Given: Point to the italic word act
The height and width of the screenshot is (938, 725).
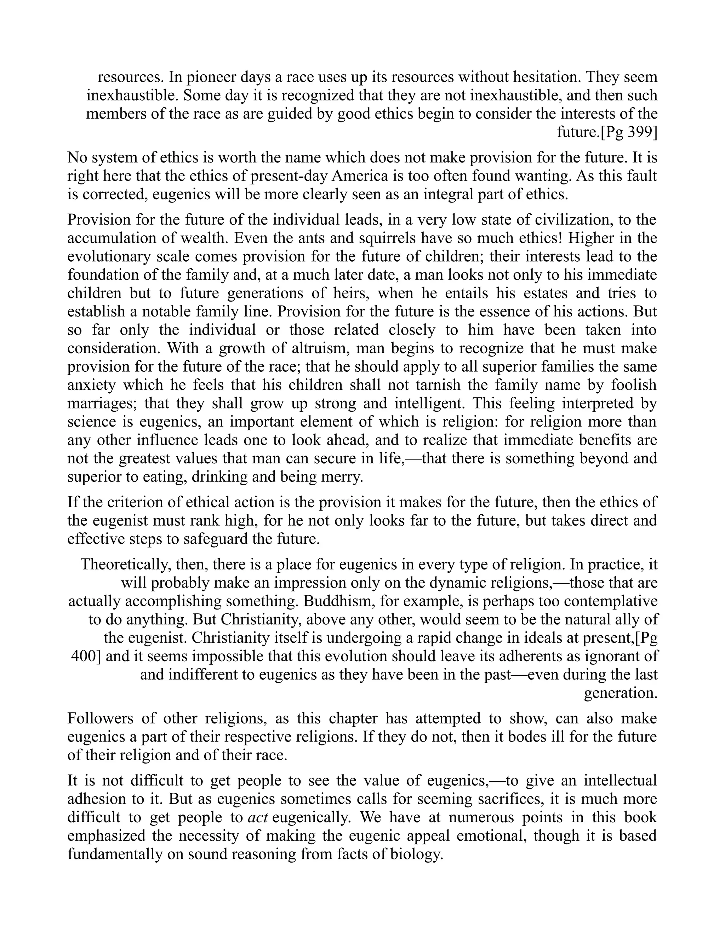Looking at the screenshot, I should [258, 817].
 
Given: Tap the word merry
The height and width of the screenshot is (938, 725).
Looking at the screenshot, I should [342, 477].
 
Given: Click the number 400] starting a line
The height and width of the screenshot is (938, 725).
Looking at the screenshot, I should [85, 657].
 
